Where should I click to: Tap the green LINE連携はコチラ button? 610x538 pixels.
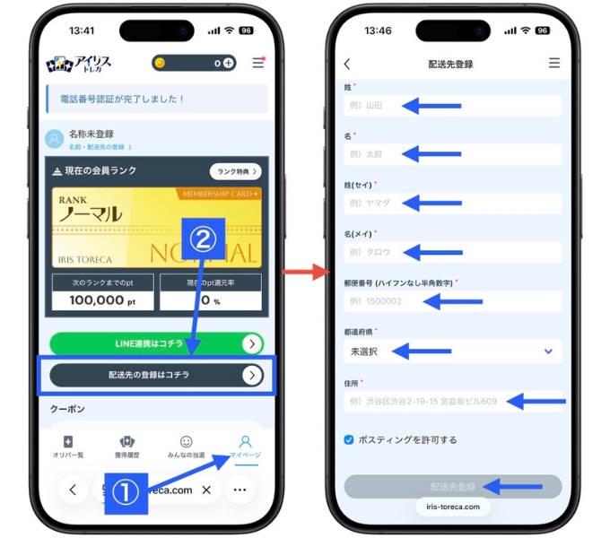(156, 344)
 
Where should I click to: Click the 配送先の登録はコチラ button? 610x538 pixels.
(156, 375)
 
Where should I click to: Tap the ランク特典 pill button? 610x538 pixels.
(236, 171)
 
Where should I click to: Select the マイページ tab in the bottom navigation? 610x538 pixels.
(245, 447)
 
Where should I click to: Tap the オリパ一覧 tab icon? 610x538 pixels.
(68, 447)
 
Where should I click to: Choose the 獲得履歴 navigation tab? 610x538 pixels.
(126, 447)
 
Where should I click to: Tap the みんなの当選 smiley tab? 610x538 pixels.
(186, 447)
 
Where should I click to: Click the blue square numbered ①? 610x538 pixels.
(126, 492)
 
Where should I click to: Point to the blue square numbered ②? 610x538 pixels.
(205, 239)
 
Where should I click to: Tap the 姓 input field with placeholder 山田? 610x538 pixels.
(452, 106)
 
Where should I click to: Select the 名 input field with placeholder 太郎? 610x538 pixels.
(452, 154)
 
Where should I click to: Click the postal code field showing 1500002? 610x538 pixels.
(452, 301)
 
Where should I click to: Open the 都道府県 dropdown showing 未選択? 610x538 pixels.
(452, 351)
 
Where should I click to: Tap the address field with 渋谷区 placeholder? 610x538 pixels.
(452, 401)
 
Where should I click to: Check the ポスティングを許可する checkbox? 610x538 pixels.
(349, 440)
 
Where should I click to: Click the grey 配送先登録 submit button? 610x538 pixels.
(452, 487)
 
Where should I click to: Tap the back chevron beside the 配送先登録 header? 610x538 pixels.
(347, 64)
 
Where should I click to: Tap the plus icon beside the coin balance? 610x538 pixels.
(229, 63)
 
